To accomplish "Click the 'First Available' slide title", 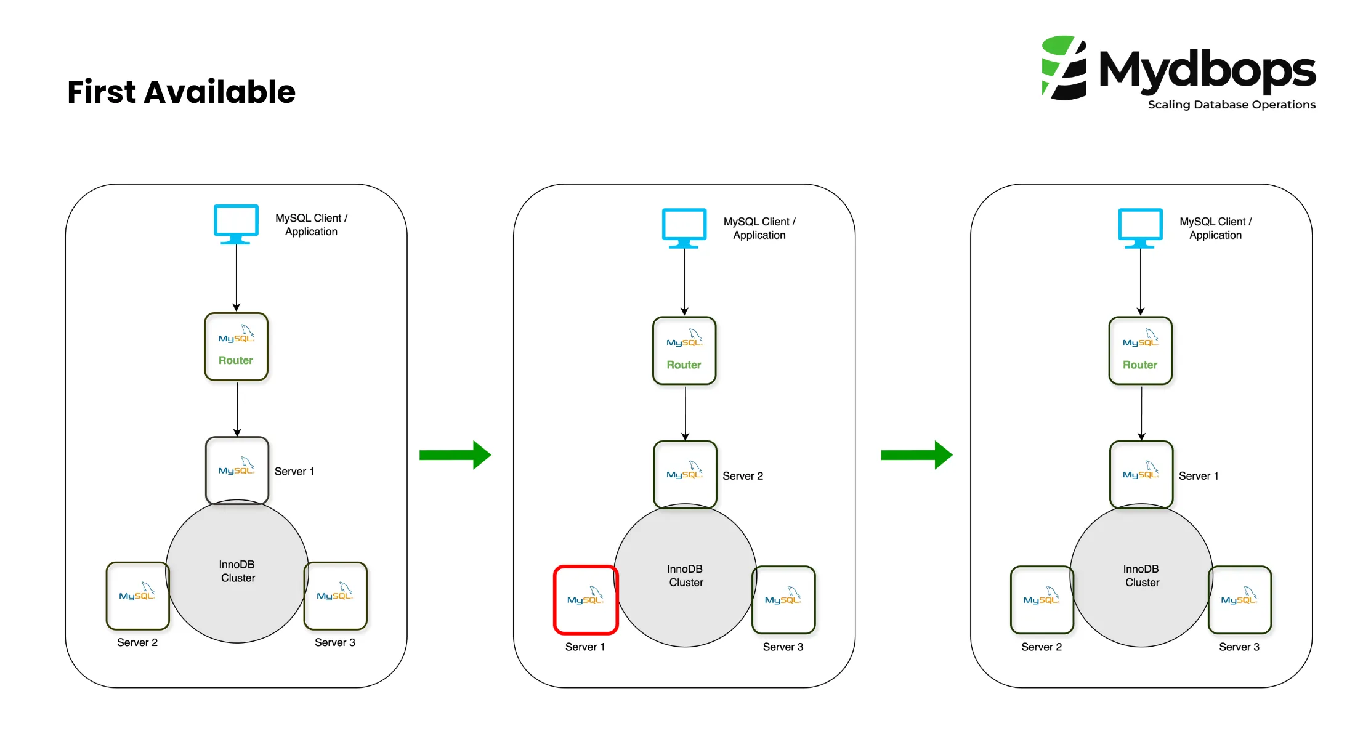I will [181, 92].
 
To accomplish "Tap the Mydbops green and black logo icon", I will [1064, 68].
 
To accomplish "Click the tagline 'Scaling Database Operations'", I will [1231, 105].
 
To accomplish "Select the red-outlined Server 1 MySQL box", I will [585, 599].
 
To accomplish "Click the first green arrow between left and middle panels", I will [455, 455].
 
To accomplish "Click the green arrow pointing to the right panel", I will [916, 455].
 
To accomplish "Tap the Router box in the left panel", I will [236, 347].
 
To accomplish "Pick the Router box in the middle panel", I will [684, 351].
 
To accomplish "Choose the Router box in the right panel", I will [1140, 351].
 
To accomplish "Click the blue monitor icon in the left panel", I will [236, 224].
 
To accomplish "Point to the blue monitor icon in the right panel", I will [1140, 227].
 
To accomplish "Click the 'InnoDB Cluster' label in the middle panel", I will [686, 576].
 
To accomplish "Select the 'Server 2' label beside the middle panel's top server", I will [742, 476].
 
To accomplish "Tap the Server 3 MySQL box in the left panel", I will [335, 596].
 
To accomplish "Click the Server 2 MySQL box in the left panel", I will [137, 596].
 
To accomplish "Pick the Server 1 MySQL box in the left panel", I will [237, 470].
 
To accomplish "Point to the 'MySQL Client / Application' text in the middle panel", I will [759, 228].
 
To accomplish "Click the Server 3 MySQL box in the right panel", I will [1239, 599].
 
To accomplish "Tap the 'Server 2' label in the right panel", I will [1041, 647].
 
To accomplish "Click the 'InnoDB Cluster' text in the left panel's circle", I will [237, 571].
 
